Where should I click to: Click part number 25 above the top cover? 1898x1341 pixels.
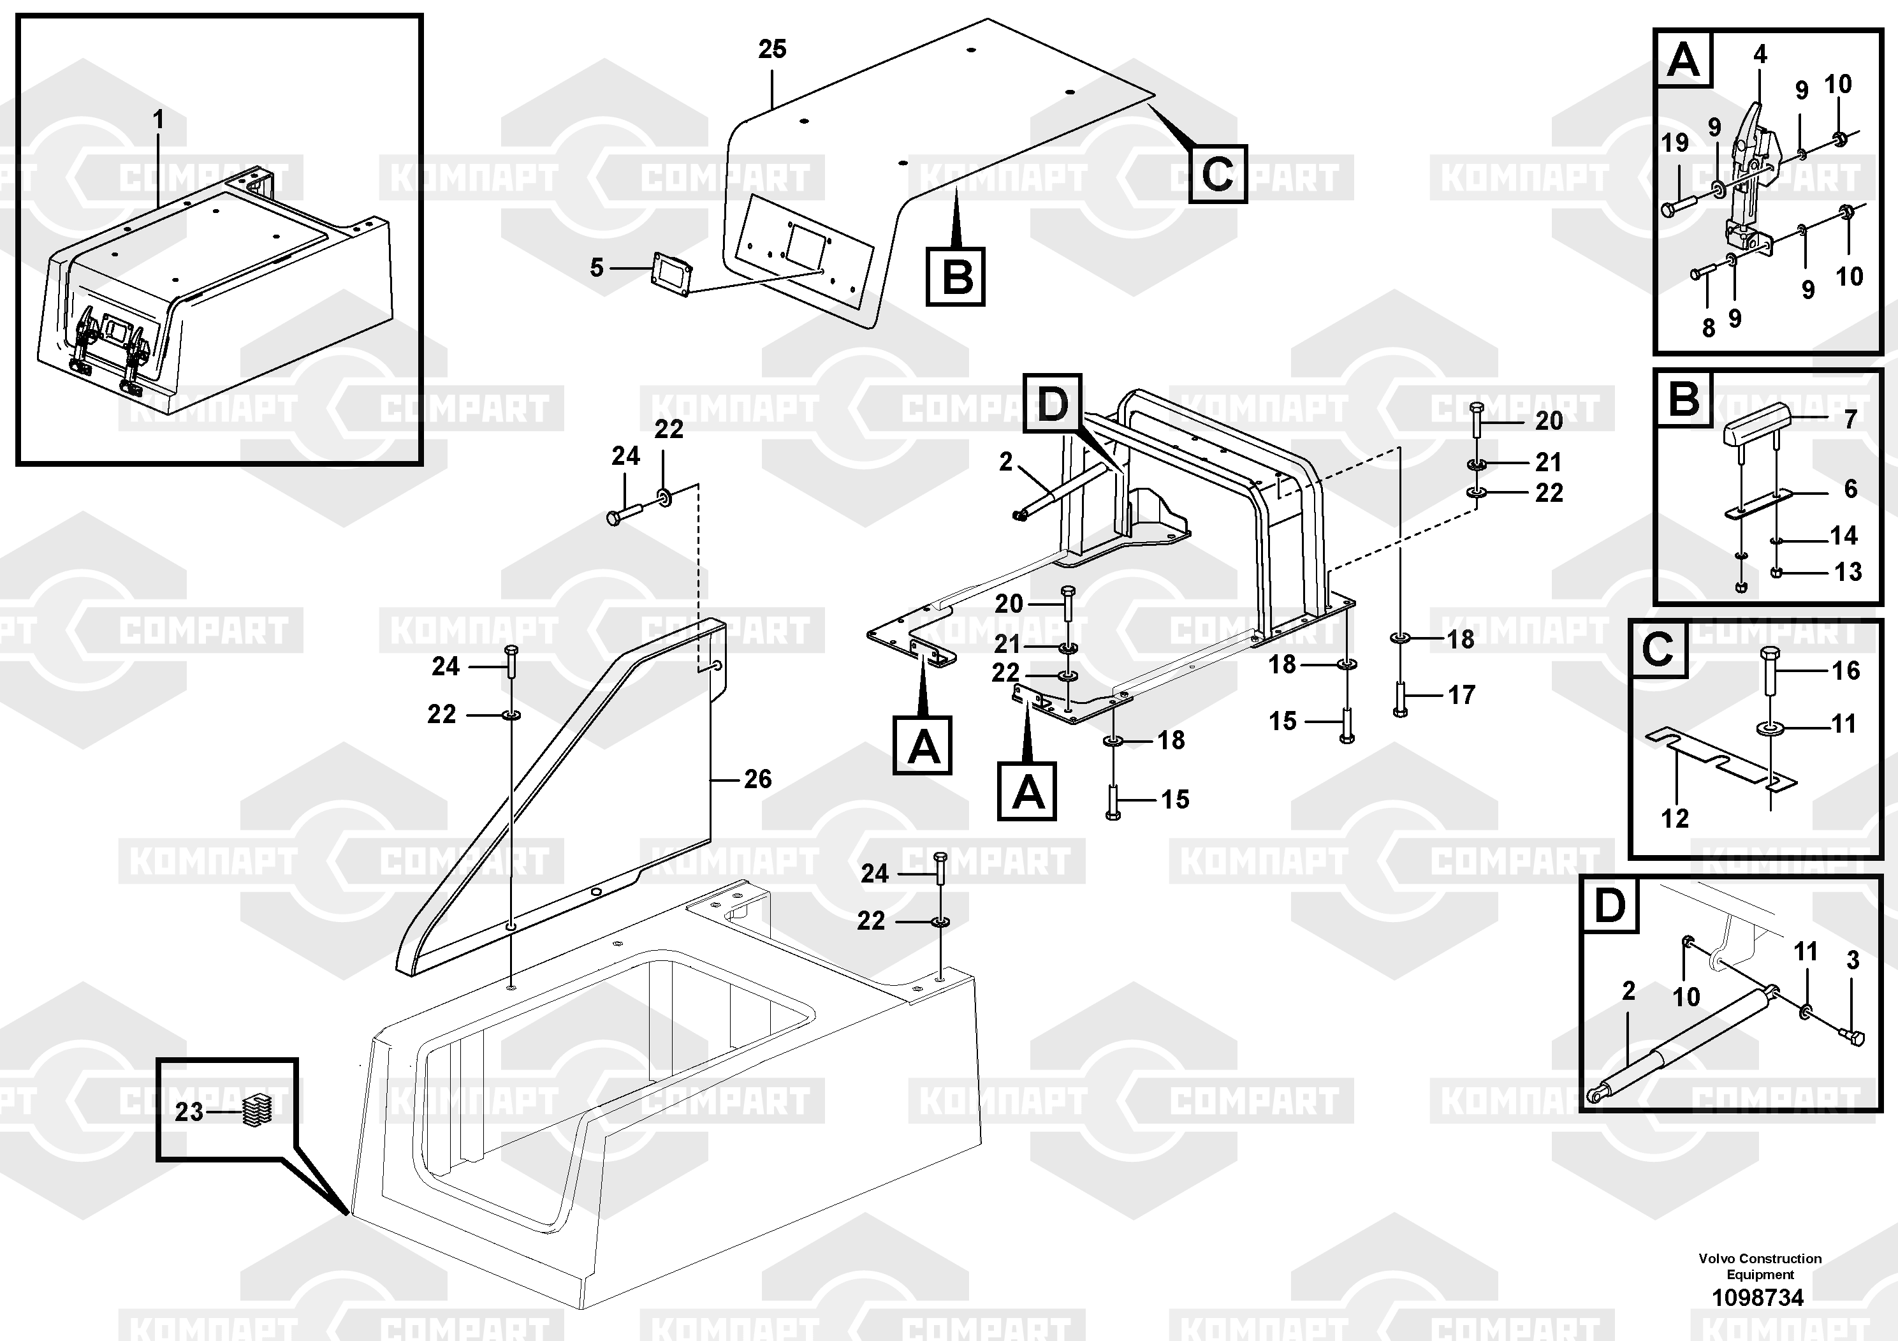tap(772, 50)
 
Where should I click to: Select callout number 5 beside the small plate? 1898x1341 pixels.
tap(597, 268)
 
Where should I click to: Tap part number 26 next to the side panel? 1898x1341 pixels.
tap(757, 779)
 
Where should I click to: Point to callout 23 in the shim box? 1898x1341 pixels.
tap(189, 1112)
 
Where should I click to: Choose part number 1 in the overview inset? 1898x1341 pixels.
tap(158, 121)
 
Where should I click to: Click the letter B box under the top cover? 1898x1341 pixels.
tap(956, 276)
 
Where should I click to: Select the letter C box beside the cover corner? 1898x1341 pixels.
tap(1218, 175)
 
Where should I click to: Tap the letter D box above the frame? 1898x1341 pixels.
tap(1053, 404)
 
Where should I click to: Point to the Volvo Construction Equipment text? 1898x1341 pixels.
tap(1760, 1266)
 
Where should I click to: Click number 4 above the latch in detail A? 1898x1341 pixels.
tap(1760, 55)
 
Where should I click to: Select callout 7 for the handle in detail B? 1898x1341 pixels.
tap(1851, 419)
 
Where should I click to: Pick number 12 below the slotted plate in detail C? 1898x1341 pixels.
tap(1675, 819)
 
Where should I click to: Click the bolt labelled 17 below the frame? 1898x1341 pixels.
tap(1400, 699)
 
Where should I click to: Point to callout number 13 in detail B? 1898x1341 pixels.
tap(1848, 571)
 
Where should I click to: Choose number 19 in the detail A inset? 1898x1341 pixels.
tap(1675, 143)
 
